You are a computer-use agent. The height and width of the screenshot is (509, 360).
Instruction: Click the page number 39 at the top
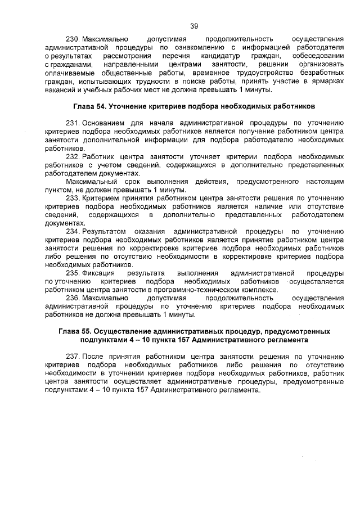(194, 25)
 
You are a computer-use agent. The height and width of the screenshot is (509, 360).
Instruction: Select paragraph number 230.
(73, 39)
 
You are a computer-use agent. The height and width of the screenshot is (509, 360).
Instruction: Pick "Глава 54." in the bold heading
(89, 106)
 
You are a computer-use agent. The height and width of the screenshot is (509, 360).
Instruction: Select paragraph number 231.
(73, 123)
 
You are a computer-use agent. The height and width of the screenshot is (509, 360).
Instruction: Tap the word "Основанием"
(104, 123)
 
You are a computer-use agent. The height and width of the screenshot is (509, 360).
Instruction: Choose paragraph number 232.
(73, 156)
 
